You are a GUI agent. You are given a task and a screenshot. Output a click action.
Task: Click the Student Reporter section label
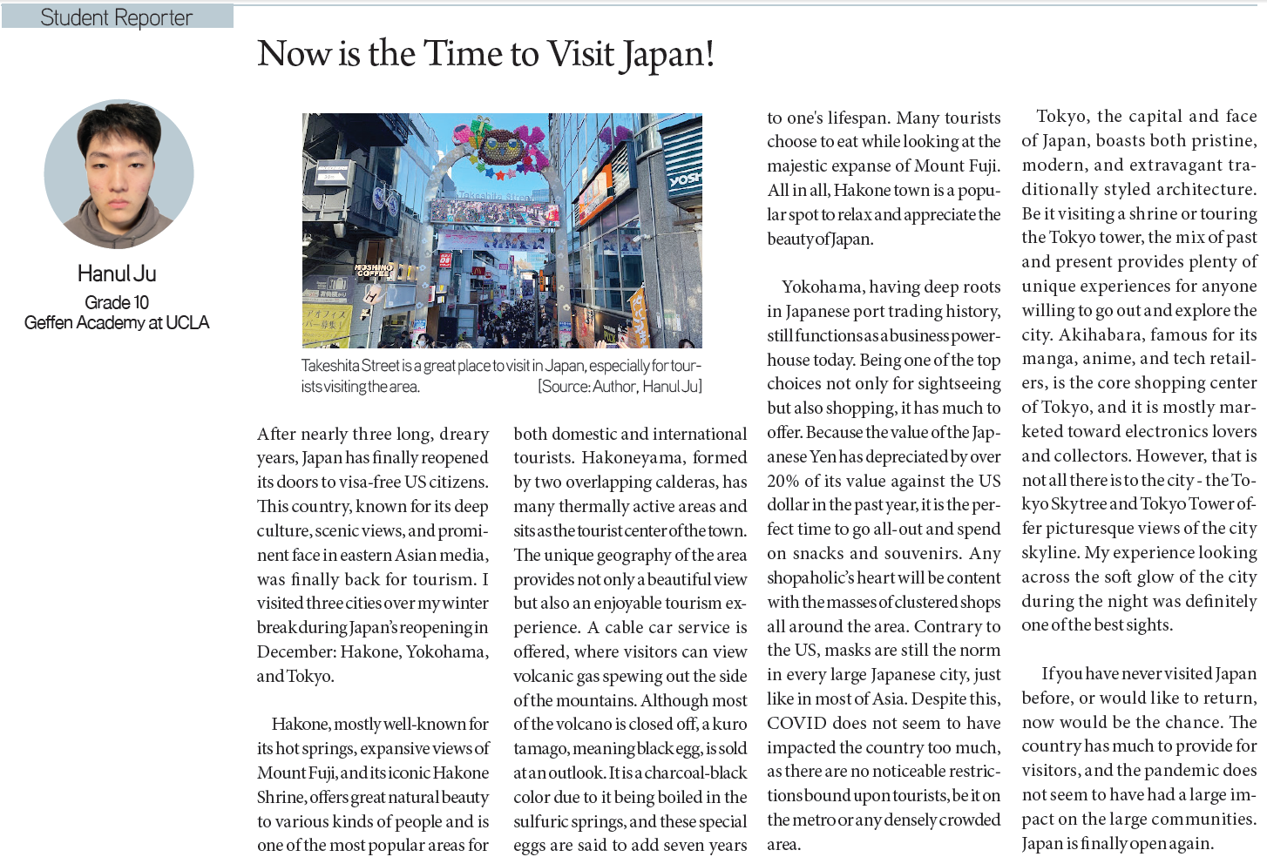[x=116, y=17]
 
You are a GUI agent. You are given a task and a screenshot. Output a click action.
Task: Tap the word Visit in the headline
[x=581, y=54]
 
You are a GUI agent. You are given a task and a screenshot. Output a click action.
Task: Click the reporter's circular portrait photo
[x=119, y=173]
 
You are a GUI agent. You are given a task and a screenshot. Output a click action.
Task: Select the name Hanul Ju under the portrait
[x=117, y=273]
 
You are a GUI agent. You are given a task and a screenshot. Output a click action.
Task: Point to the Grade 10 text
[x=117, y=302]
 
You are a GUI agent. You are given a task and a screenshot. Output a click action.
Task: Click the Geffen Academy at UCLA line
[x=117, y=323]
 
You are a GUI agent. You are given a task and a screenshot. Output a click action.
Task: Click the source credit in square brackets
[x=620, y=387]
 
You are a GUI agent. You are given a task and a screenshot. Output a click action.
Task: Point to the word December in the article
[x=295, y=651]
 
